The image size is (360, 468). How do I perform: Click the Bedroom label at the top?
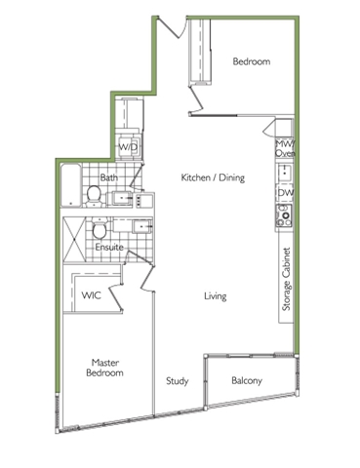click(x=252, y=61)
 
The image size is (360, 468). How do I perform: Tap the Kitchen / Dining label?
click(x=213, y=177)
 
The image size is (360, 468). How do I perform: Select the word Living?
click(x=216, y=296)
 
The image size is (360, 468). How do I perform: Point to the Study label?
click(x=178, y=381)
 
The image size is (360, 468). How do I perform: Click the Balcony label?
click(x=247, y=380)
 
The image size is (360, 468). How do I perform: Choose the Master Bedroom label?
click(x=104, y=368)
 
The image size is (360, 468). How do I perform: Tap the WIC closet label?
click(x=91, y=295)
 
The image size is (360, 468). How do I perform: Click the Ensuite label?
click(x=109, y=247)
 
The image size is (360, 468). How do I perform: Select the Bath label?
click(x=109, y=177)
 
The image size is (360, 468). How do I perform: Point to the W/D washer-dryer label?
click(x=128, y=147)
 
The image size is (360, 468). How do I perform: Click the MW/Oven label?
click(x=285, y=148)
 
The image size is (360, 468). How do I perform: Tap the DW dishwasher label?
click(x=285, y=193)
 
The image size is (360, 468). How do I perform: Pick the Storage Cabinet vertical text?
click(x=286, y=279)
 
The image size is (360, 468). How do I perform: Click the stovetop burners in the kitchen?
click(x=284, y=215)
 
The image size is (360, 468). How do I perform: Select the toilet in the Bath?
click(x=95, y=196)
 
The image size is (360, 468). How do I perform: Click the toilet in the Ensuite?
click(x=100, y=228)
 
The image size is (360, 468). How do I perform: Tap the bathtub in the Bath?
click(x=71, y=185)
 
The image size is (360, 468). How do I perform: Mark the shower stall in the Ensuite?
click(x=74, y=240)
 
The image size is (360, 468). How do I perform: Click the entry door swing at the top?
click(x=173, y=26)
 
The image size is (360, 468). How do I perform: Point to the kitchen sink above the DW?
click(x=285, y=173)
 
